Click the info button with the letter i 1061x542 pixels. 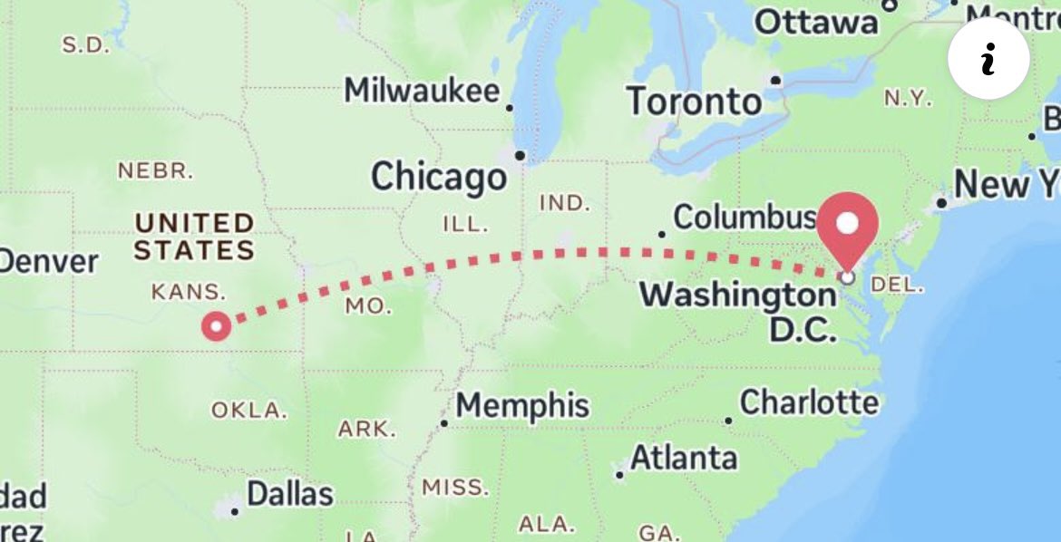tap(988, 59)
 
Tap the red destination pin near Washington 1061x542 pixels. tap(848, 226)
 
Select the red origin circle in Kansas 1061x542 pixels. tap(217, 325)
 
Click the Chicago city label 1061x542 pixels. tap(438, 176)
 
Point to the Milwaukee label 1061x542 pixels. tap(422, 91)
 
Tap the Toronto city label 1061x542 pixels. tap(694, 101)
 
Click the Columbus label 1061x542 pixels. tap(745, 218)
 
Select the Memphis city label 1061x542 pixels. tap(522, 405)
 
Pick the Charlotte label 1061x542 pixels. tap(809, 402)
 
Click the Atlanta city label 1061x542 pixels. tap(684, 458)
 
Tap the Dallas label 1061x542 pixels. tap(290, 495)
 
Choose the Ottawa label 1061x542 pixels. tap(816, 21)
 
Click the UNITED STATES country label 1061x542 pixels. tap(194, 236)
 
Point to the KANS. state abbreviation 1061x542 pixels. tap(188, 292)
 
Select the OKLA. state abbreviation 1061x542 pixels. tap(248, 410)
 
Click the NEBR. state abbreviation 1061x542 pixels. tap(156, 169)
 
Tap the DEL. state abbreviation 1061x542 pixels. tap(896, 285)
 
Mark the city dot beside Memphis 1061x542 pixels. tap(444, 422)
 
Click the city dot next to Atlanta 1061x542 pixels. tap(619, 474)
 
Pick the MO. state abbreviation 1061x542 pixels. tap(368, 306)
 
